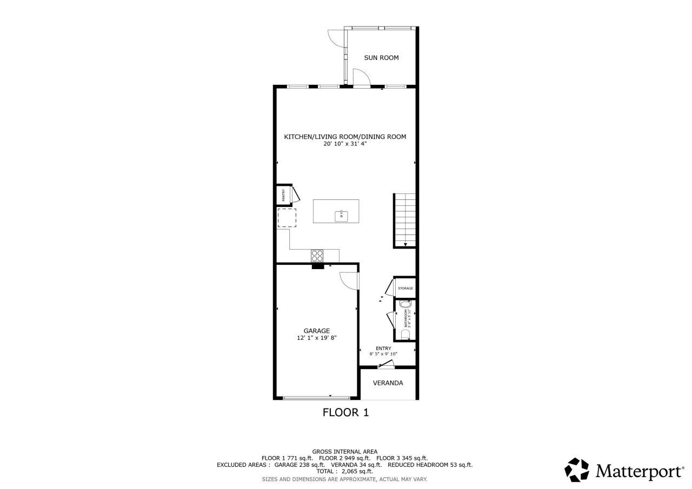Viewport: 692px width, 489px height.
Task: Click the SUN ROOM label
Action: click(381, 58)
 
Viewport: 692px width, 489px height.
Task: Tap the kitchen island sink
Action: click(341, 216)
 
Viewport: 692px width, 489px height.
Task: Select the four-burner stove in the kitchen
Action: click(317, 256)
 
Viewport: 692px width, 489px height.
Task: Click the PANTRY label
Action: click(282, 195)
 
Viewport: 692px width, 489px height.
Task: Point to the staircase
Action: click(405, 220)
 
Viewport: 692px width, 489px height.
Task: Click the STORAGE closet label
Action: click(405, 289)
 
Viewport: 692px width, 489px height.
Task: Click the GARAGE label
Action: click(316, 331)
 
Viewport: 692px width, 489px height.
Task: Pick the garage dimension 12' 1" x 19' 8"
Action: click(316, 338)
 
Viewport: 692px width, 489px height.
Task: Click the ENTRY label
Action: click(383, 349)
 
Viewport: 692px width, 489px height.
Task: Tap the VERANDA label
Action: click(388, 383)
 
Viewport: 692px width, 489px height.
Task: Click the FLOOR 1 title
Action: click(345, 413)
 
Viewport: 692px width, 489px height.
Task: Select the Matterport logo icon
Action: click(577, 470)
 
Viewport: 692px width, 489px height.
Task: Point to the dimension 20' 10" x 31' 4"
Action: click(345, 144)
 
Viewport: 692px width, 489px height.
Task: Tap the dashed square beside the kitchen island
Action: click(287, 218)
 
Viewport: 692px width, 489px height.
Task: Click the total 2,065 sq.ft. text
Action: click(344, 471)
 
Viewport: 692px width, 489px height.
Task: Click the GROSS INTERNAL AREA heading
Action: click(344, 451)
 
